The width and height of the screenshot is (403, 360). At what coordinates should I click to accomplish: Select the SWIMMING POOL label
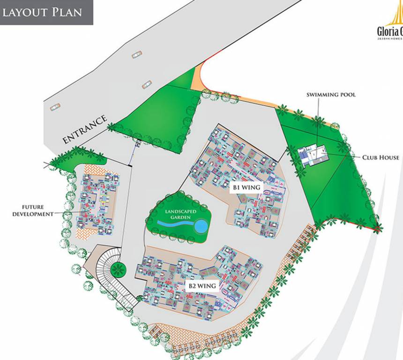tap(331, 95)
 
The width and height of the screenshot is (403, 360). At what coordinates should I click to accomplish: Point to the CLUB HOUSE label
tap(381, 157)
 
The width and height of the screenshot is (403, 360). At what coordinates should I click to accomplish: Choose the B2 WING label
tap(202, 285)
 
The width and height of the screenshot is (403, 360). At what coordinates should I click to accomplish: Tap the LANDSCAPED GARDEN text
tap(178, 214)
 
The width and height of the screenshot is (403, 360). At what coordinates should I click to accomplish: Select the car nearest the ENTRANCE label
tap(55, 107)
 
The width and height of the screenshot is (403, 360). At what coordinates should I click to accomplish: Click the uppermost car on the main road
tap(136, 55)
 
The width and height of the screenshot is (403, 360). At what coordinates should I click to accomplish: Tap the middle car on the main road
tap(146, 84)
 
